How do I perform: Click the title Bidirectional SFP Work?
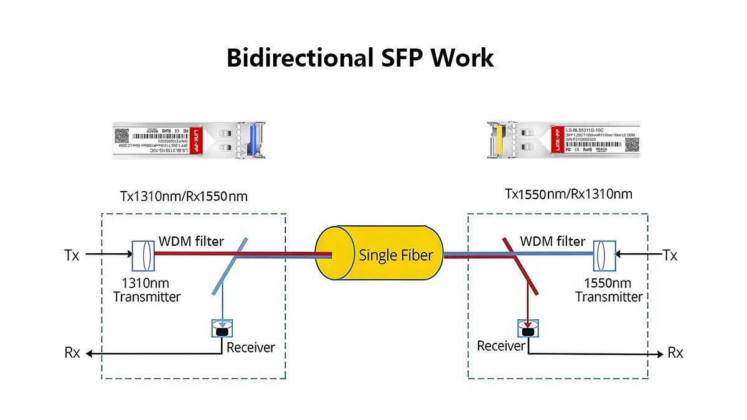click(x=360, y=58)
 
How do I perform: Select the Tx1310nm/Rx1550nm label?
click(x=184, y=197)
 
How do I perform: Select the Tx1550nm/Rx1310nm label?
click(x=568, y=194)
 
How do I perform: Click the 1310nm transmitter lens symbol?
click(x=143, y=253)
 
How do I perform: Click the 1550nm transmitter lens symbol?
click(x=604, y=253)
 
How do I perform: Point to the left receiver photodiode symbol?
click(x=222, y=329)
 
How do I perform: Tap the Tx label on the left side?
click(x=72, y=255)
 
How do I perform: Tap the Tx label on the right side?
click(x=670, y=255)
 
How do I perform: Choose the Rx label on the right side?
click(x=675, y=353)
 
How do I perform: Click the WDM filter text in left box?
click(x=191, y=241)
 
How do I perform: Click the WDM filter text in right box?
click(x=553, y=241)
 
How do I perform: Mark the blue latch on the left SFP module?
click(x=253, y=140)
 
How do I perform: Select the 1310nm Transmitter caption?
click(x=147, y=290)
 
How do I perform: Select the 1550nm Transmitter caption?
click(x=608, y=290)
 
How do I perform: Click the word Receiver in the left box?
click(x=250, y=347)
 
